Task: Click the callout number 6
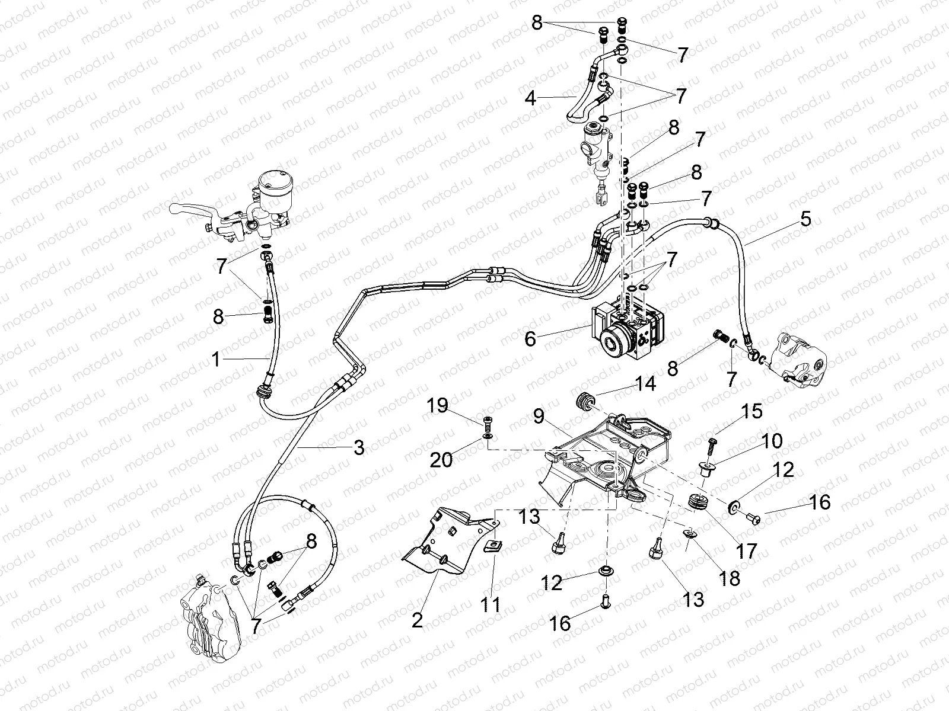tap(530, 339)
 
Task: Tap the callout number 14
tap(646, 384)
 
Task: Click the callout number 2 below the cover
tap(417, 620)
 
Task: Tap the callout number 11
tap(491, 605)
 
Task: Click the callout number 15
tap(751, 411)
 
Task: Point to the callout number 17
tap(746, 551)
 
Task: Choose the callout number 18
tap(730, 578)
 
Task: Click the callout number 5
tap(805, 219)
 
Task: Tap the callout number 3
tap(358, 448)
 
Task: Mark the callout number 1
tap(217, 359)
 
